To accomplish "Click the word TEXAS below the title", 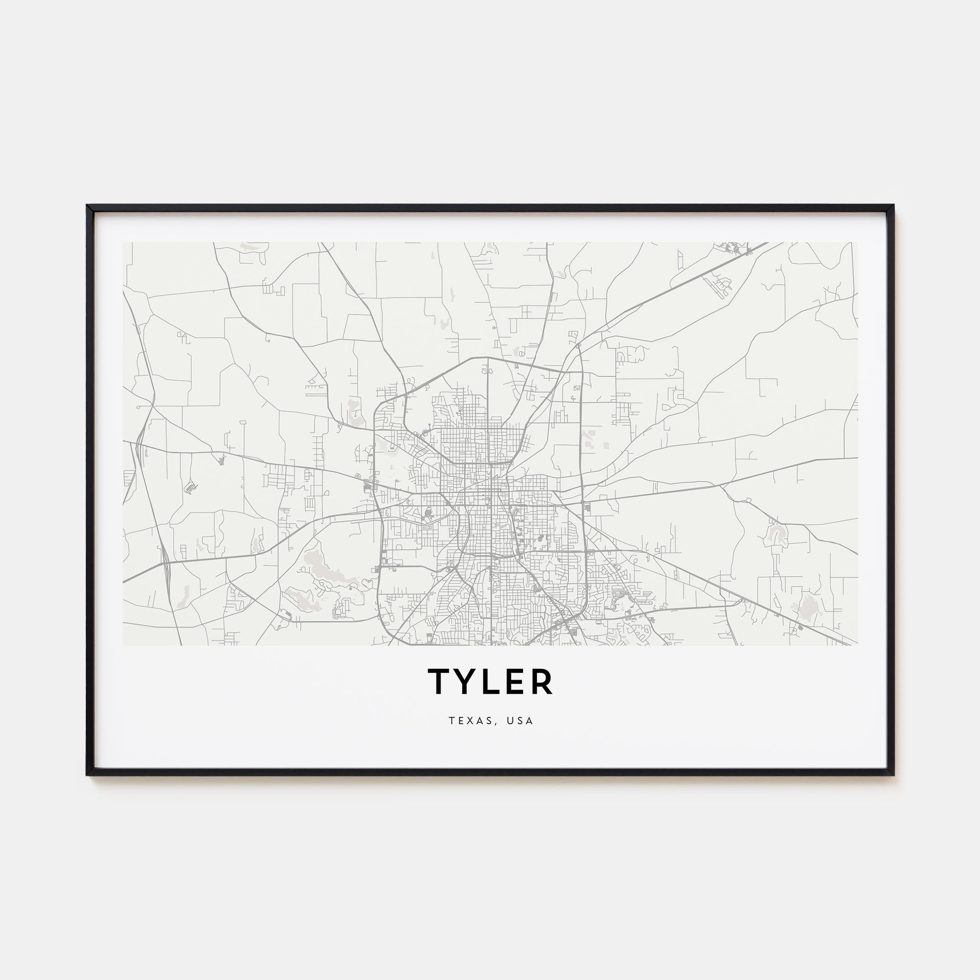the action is point(467,721).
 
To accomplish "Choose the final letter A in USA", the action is point(530,721).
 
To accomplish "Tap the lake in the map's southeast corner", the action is point(807,607).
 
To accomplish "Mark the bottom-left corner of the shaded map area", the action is point(123,645).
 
